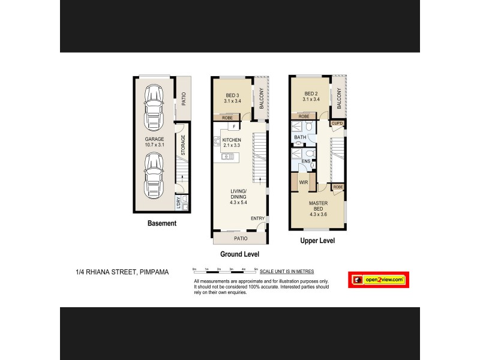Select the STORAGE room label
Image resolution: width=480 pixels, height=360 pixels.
click(183, 145)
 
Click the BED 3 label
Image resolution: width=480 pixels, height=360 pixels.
click(232, 96)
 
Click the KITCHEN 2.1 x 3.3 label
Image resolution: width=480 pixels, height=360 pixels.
click(232, 143)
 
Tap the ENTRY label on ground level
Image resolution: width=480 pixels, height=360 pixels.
click(257, 218)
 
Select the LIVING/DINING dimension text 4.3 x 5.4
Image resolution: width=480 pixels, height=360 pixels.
click(239, 202)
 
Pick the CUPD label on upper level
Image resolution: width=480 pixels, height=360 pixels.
click(337, 124)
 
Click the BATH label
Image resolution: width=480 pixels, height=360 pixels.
click(300, 137)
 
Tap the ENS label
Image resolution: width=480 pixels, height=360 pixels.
click(306, 161)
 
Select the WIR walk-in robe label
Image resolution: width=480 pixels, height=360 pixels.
click(303, 182)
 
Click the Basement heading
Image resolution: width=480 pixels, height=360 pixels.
click(162, 223)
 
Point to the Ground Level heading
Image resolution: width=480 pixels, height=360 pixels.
click(239, 254)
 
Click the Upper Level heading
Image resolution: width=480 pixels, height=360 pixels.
click(317, 241)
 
